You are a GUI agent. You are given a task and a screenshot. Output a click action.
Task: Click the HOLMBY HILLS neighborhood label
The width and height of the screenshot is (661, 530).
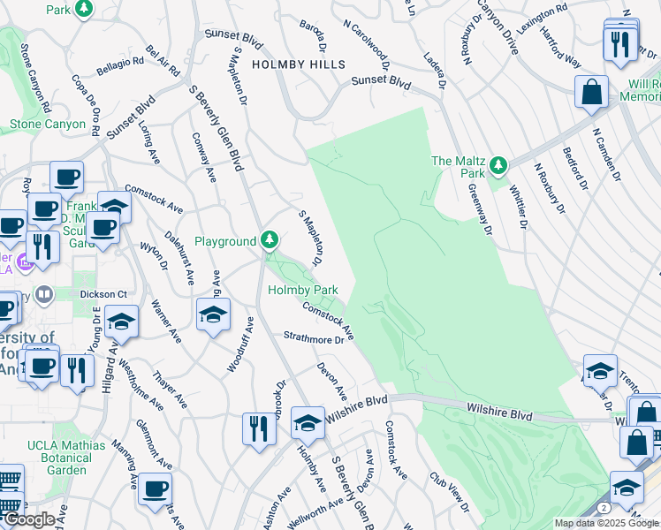point(298,64)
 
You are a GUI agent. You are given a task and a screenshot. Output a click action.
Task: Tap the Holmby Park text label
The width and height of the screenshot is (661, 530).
point(303,290)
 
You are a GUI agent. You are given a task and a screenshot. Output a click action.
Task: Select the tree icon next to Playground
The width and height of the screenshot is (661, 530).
point(270,240)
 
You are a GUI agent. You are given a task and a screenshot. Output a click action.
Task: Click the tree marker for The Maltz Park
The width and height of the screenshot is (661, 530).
point(498,164)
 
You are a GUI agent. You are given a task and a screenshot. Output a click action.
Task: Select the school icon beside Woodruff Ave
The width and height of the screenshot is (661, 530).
point(213,315)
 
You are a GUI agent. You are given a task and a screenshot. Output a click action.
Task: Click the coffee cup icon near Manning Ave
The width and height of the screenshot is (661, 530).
point(156,488)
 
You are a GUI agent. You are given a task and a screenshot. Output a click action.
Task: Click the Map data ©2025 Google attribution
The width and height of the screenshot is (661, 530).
point(606,522)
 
